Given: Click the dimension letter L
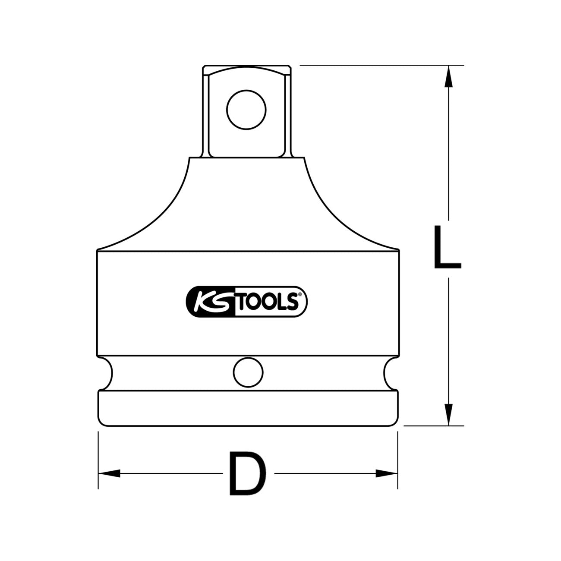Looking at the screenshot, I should click(x=447, y=247).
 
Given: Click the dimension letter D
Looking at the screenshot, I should click(x=248, y=473).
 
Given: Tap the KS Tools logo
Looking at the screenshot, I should click(x=246, y=301).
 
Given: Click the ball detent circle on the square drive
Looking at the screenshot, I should click(x=246, y=109).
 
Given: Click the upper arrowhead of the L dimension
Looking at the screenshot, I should click(x=449, y=78).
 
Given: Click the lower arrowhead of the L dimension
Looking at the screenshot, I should click(x=449, y=413).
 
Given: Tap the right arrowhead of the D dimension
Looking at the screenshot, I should click(x=386, y=473).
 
